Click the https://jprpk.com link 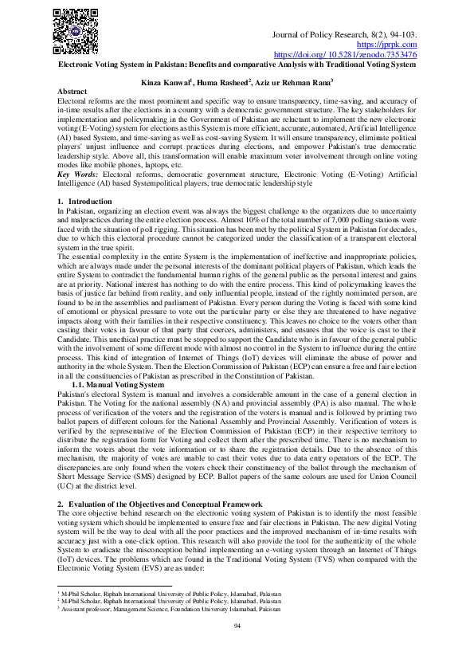pos(395,45)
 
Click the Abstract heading pos(73,92)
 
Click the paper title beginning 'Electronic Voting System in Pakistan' pos(237,64)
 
